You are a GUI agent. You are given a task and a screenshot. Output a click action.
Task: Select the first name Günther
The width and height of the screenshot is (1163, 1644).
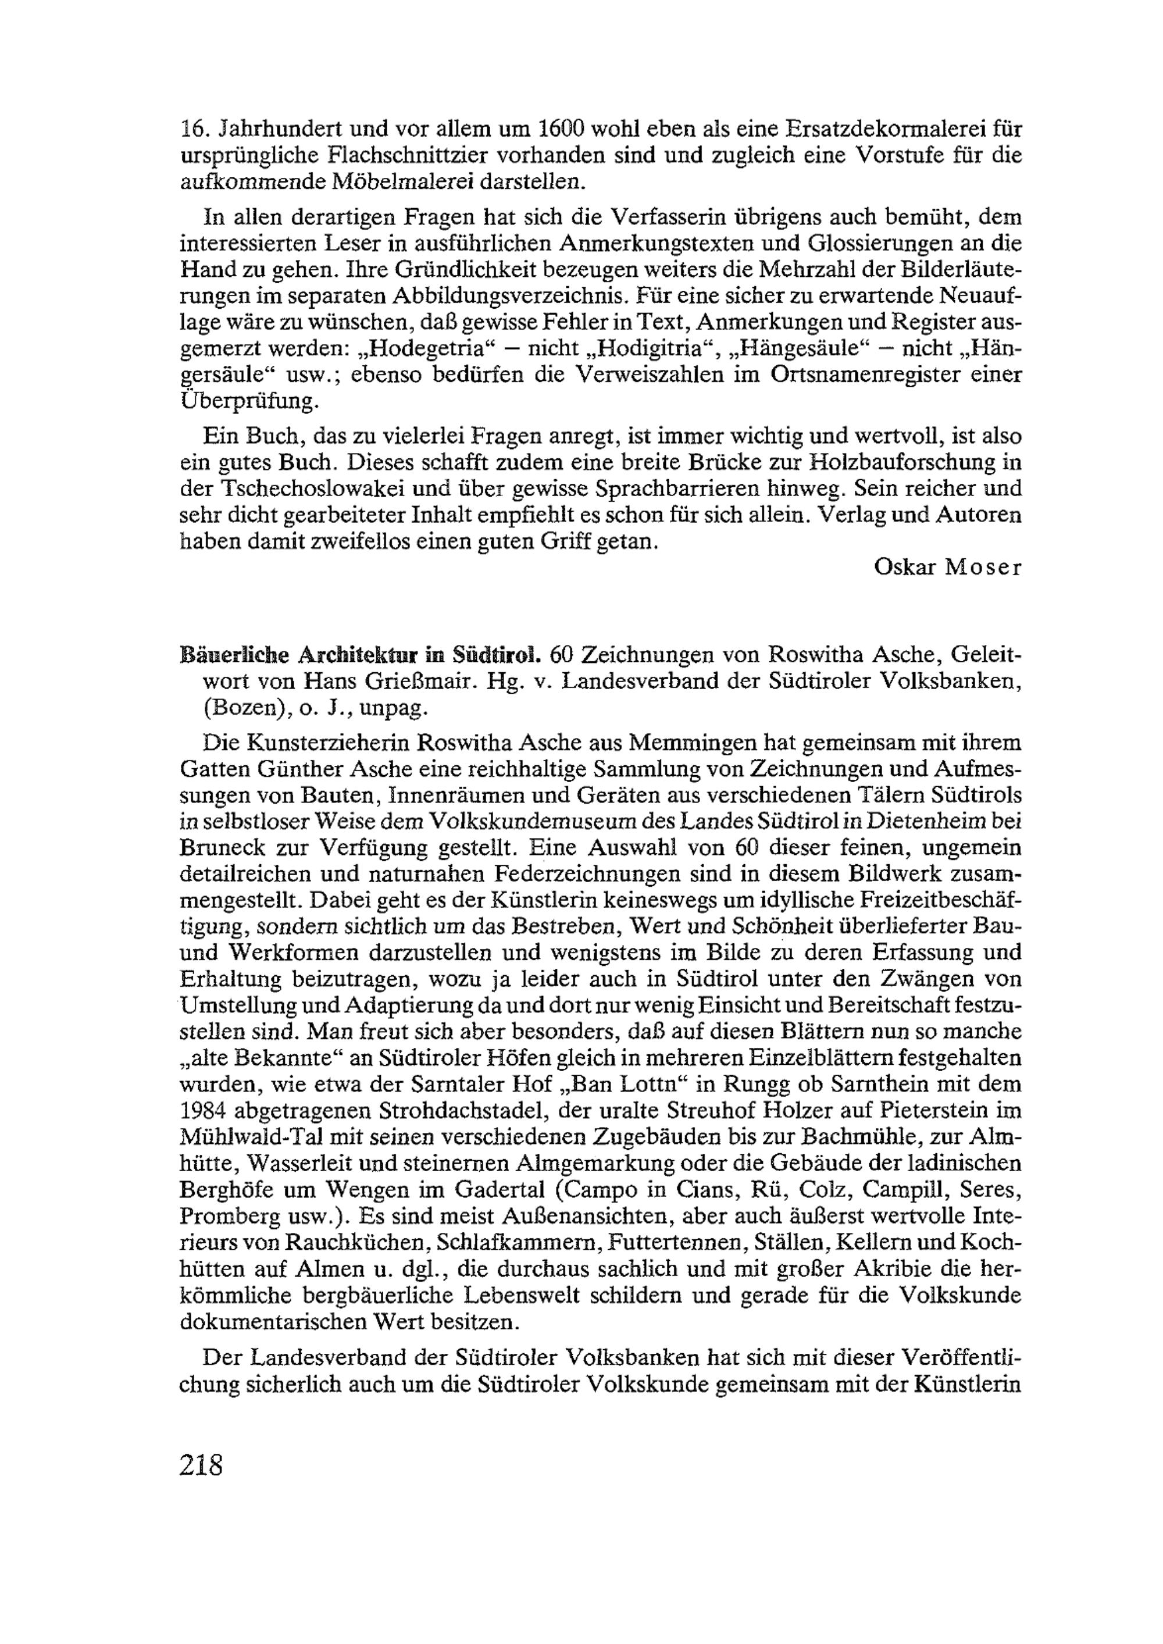(x=301, y=769)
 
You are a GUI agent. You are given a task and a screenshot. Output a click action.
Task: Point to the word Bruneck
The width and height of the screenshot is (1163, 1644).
(x=223, y=848)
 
